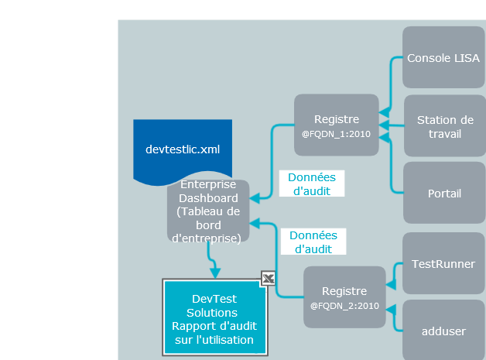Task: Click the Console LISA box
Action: click(x=443, y=58)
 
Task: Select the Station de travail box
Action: click(x=444, y=126)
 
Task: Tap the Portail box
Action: click(x=444, y=193)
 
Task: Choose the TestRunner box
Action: click(x=443, y=264)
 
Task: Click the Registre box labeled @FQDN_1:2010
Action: click(x=337, y=125)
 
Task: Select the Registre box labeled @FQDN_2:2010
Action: click(x=344, y=297)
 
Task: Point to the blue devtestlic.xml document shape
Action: click(x=183, y=147)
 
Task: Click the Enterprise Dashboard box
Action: click(x=207, y=211)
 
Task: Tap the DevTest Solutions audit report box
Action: click(x=214, y=318)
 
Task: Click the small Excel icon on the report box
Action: click(x=268, y=279)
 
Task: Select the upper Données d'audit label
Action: click(x=311, y=183)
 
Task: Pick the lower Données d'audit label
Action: click(x=313, y=242)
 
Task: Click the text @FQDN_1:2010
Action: click(x=337, y=133)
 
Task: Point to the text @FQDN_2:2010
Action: click(x=344, y=306)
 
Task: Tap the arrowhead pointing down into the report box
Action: click(x=215, y=273)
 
